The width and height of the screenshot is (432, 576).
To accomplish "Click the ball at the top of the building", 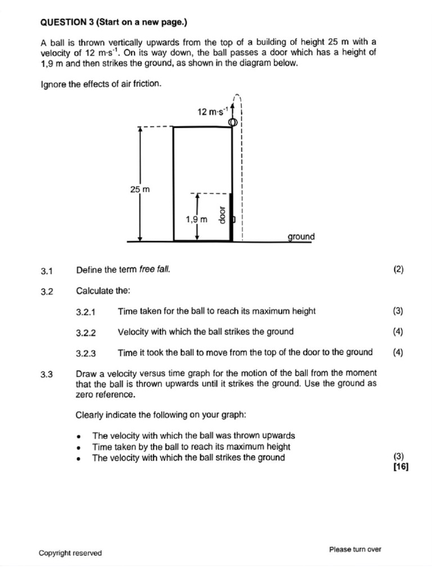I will pyautogui.click(x=231, y=123).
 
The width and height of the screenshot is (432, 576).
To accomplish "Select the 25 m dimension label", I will pyautogui.click(x=140, y=190).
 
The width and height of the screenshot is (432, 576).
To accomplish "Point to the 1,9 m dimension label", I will pyautogui.click(x=197, y=219).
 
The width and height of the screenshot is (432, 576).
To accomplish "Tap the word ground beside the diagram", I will pyautogui.click(x=301, y=237).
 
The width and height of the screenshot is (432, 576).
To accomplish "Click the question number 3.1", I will pyautogui.click(x=47, y=271).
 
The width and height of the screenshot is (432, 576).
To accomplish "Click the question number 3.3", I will pyautogui.click(x=47, y=373).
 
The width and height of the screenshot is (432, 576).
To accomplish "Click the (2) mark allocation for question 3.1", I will pyautogui.click(x=398, y=269).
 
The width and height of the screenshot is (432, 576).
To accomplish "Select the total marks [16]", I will pyautogui.click(x=401, y=466).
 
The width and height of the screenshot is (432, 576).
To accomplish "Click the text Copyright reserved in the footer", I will pyautogui.click(x=70, y=553).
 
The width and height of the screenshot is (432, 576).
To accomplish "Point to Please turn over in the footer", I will pyautogui.click(x=355, y=549).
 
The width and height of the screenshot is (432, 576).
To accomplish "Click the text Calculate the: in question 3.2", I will pyautogui.click(x=103, y=291).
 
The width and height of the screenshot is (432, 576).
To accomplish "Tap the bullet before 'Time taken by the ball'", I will pyautogui.click(x=80, y=447).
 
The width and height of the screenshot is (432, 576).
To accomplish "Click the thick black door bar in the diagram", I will pyautogui.click(x=231, y=217).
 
